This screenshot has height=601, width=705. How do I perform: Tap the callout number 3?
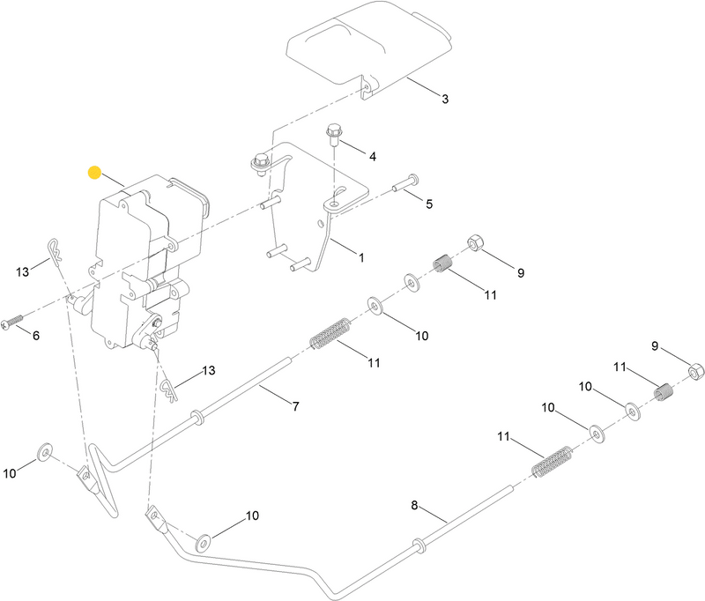click(445, 100)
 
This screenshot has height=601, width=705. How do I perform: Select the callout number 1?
click(360, 258)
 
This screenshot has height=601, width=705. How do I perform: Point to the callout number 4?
click(373, 156)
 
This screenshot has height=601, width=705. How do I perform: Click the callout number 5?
click(429, 204)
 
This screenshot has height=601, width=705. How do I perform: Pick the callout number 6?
click(36, 336)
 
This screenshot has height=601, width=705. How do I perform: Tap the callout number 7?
click(296, 406)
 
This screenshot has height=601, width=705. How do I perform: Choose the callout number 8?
click(415, 506)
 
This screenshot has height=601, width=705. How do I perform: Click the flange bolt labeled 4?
click(334, 135)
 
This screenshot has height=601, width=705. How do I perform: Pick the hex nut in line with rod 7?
click(472, 241)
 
